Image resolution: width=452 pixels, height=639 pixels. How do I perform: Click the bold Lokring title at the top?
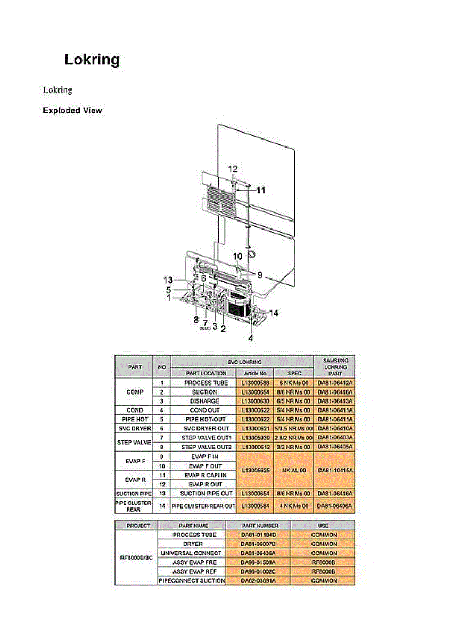pos(92,59)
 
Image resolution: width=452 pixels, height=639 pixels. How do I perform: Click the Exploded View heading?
pos(72,111)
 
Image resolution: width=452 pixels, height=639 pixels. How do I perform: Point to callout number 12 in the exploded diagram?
pos(233,169)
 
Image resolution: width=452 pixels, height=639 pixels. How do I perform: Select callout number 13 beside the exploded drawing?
pos(168,280)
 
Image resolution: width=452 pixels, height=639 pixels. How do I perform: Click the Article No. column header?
pos(254,373)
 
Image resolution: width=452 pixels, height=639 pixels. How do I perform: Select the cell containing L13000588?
pos(254,383)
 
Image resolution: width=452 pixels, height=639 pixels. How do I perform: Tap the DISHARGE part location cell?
pos(204,401)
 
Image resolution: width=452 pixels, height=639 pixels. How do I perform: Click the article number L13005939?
pos(254,438)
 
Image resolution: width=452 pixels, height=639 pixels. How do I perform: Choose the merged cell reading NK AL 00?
pos(294,470)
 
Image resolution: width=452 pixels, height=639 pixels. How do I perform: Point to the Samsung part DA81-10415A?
pos(334,470)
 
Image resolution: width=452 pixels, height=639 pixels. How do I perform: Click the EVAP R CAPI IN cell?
pos(204,475)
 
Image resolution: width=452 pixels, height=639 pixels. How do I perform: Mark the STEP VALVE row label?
pos(134,442)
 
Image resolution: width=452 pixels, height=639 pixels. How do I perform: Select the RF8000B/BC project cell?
pos(136,558)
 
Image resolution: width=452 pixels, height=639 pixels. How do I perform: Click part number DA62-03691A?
pos(259,580)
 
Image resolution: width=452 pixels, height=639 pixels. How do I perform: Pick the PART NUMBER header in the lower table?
pos(259,526)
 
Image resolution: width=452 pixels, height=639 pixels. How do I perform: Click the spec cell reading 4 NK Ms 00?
pos(294,505)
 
